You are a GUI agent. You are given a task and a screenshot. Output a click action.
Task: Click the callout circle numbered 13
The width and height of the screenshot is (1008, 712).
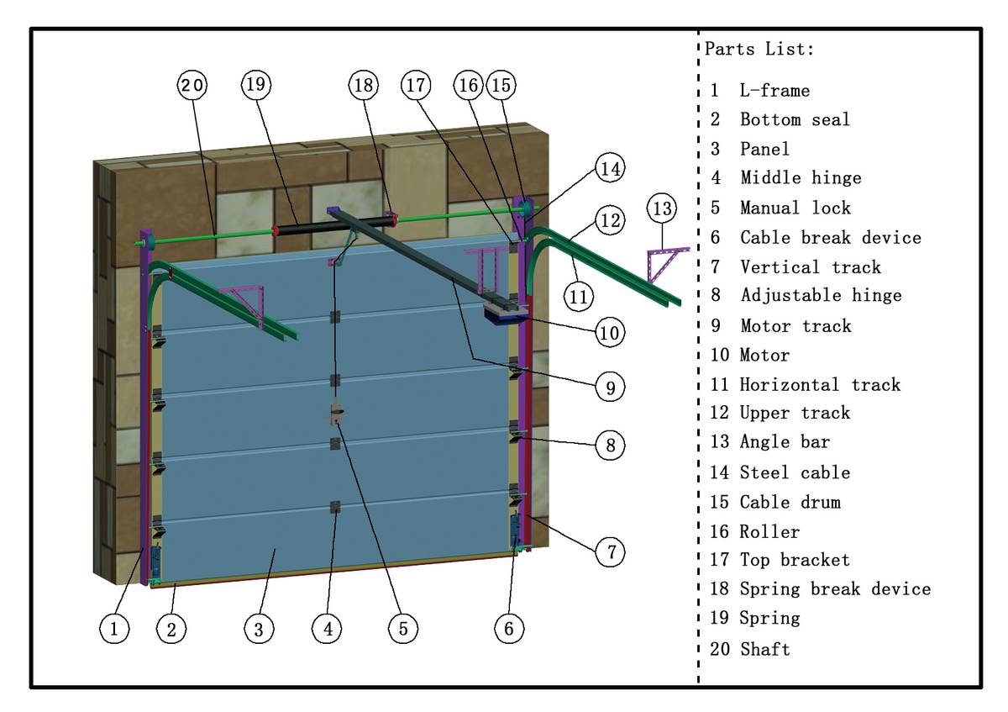pyautogui.click(x=662, y=208)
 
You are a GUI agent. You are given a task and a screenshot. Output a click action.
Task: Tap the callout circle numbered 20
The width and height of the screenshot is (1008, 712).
pyautogui.click(x=192, y=85)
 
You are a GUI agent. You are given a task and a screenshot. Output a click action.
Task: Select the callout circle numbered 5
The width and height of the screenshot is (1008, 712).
pyautogui.click(x=402, y=629)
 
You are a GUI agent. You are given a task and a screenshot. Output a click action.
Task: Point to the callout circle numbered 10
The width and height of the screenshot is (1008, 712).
pyautogui.click(x=610, y=332)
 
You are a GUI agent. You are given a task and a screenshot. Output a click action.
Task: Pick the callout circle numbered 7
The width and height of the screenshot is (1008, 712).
pyautogui.click(x=610, y=551)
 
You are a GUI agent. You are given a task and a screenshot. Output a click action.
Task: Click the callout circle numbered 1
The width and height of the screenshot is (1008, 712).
pyautogui.click(x=114, y=628)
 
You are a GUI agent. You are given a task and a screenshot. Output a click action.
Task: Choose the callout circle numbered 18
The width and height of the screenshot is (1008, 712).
pyautogui.click(x=364, y=85)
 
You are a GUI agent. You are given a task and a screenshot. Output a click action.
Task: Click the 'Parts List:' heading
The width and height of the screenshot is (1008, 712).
pyautogui.click(x=759, y=49)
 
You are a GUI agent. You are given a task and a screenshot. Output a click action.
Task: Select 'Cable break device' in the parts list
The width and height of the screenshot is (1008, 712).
pyautogui.click(x=830, y=237)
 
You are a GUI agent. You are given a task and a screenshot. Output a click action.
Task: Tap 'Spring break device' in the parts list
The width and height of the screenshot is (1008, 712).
pyautogui.click(x=835, y=588)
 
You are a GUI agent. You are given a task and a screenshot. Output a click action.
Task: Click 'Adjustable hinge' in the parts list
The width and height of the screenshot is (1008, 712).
pyautogui.click(x=822, y=295)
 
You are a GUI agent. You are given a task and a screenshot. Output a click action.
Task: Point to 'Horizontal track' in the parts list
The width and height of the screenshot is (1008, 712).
pyautogui.click(x=820, y=385)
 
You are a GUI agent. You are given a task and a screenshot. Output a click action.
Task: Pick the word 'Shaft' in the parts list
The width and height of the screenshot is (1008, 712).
pyautogui.click(x=765, y=649)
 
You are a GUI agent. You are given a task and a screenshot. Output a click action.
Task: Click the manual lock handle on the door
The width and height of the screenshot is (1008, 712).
pyautogui.click(x=337, y=414)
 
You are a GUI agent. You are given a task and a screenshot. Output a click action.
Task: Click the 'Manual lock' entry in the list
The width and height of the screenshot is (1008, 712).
pyautogui.click(x=795, y=208)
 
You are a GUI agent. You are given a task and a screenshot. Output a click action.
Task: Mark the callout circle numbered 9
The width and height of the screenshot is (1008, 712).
pyautogui.click(x=610, y=388)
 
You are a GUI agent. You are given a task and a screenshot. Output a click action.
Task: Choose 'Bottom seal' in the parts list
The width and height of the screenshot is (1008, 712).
pyautogui.click(x=795, y=119)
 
